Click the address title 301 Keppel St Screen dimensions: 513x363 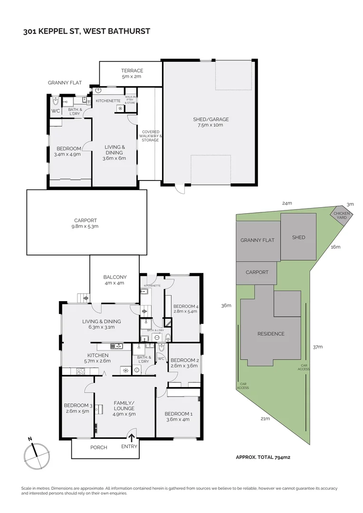coord(86,32)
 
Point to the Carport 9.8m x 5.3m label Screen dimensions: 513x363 coord(86,223)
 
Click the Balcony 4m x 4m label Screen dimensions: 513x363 coord(115,280)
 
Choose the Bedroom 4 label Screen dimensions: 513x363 coord(185,309)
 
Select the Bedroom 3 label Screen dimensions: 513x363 coord(76,408)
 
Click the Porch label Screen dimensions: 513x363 coord(99,447)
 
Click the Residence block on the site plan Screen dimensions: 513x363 coord(271,334)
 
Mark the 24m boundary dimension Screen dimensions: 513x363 coord(287,203)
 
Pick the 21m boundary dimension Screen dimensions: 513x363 coord(265,418)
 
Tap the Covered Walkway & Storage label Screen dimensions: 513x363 coord(150,136)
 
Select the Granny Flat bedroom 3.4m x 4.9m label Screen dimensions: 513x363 coord(68,151)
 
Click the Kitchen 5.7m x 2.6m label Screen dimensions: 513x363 coord(98,358)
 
